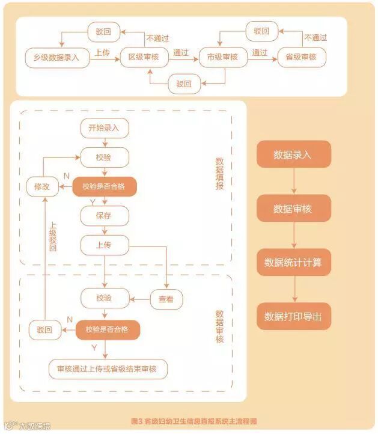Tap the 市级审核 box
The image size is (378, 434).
(x=222, y=58)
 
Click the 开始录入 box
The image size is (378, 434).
(x=105, y=128)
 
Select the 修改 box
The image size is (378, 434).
(x=42, y=187)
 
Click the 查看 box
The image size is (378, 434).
(x=166, y=299)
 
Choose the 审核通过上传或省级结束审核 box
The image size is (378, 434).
(x=108, y=368)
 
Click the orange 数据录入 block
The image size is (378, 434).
(x=293, y=154)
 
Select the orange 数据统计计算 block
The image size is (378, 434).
(x=293, y=263)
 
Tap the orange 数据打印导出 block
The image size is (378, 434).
(x=293, y=316)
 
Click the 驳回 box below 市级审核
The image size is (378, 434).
(x=184, y=84)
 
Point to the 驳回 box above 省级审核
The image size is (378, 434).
(x=262, y=31)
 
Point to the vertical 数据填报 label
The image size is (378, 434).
(x=219, y=174)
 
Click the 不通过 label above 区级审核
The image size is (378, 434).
(x=158, y=37)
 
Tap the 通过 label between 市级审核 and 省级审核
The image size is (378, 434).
(x=260, y=53)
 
